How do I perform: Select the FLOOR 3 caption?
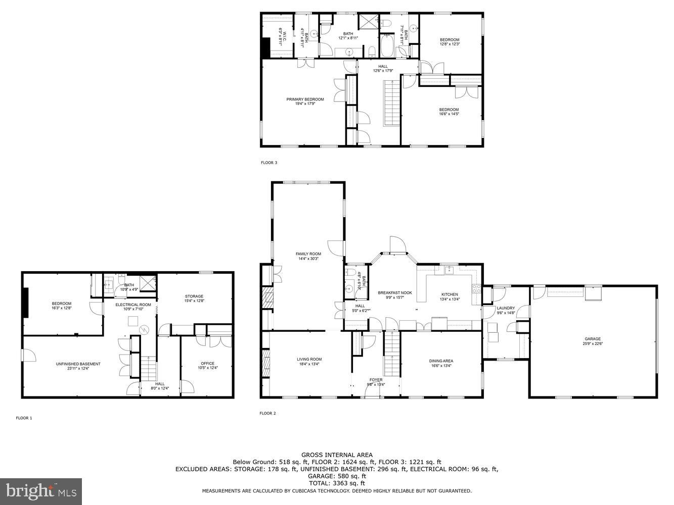pos(268,163)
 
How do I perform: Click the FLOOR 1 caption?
pos(24,418)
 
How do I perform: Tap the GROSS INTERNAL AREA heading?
pos(337,455)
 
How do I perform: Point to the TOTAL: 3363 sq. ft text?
pos(337,483)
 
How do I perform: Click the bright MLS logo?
pos(41,489)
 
